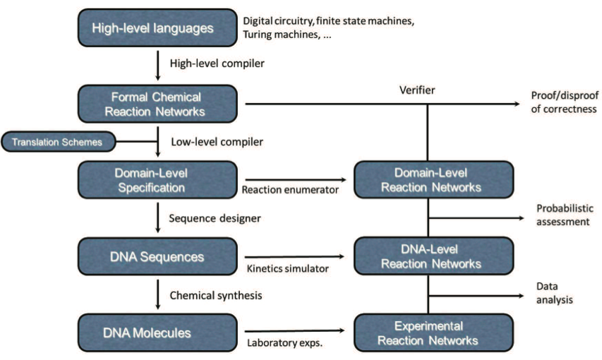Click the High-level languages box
pos(157,28)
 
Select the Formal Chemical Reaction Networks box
pos(157,104)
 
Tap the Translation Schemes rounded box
pos(59,142)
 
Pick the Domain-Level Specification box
pos(157,180)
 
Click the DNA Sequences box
pos(157,256)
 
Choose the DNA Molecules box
pos(157,332)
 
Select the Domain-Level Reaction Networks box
pos(433,180)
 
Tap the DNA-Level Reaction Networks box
pos(433,256)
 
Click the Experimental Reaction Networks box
pos(433,332)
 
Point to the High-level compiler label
pos(217,64)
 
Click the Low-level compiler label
pos(217,142)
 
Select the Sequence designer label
pos(215,218)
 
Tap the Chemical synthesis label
pos(216,296)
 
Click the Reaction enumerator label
pos(290,190)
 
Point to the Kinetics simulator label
pos(287,268)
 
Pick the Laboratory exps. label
pos(284,343)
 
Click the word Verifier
pos(417,90)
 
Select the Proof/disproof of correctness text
pos(565,102)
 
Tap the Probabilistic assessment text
pos(565,215)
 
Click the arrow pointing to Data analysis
pos(476,296)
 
